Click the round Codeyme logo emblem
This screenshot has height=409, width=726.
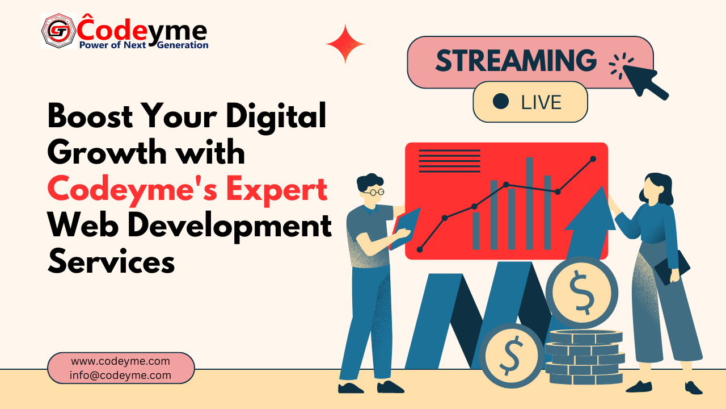pos(58,31)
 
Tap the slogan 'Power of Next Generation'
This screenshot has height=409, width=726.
pos(144,45)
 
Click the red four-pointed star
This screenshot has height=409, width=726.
pos(345,44)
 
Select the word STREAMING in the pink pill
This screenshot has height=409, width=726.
pos(516,61)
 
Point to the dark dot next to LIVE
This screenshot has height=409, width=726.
pos(501,101)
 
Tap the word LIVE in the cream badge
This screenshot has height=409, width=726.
pos(541,102)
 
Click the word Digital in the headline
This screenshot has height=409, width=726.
pos(276,118)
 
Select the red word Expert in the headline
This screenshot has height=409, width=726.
pos(276,190)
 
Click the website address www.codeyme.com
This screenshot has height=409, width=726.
pos(121,361)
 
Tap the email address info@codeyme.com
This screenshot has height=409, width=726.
pos(120,375)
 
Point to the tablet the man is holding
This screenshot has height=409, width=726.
pos(404,229)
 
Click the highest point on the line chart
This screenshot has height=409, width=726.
pos(593,158)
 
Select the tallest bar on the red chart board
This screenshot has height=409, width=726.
pos(529,203)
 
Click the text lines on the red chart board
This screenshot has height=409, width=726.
pos(450,161)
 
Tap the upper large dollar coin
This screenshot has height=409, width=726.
pos(582,293)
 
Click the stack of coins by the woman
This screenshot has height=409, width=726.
pos(585,357)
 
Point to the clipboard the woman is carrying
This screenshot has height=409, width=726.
pos(672,268)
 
